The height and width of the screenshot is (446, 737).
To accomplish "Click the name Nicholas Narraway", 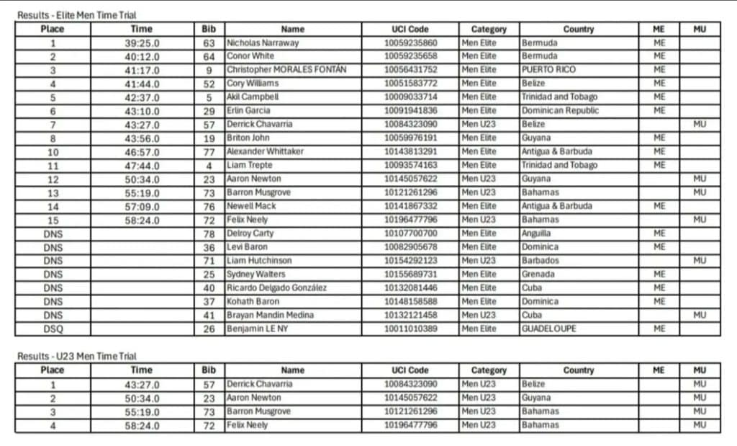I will [263, 43].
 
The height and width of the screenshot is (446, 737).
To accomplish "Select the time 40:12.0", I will [142, 56].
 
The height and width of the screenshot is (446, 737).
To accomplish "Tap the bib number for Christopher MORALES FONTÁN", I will [209, 70].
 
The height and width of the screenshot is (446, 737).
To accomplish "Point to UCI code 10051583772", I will [410, 84].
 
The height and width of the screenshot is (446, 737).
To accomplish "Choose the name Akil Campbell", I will [253, 97].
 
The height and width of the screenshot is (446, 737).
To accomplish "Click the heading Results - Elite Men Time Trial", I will [77, 15].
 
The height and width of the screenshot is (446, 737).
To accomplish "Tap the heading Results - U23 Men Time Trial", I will [77, 356].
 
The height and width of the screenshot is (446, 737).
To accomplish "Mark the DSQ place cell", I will [53, 329].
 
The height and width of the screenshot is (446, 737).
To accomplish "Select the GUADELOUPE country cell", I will [549, 329].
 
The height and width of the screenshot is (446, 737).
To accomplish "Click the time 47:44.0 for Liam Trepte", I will [142, 165].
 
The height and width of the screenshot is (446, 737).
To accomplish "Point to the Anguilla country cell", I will [537, 233].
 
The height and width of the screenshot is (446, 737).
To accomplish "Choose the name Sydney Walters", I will [256, 274].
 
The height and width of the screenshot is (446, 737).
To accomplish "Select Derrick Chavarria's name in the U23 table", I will [260, 384].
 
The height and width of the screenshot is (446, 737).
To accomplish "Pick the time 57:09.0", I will [142, 206].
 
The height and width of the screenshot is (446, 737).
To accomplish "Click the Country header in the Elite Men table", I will [579, 29].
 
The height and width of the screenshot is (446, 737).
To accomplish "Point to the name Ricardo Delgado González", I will [277, 287].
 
